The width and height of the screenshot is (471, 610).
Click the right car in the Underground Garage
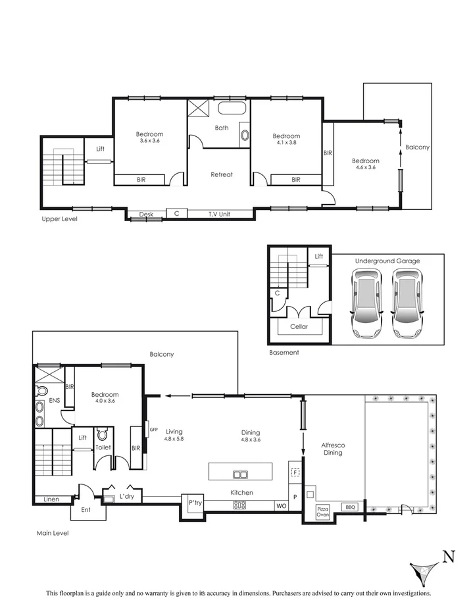pos(407,302)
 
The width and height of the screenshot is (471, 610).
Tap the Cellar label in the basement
pos(299,326)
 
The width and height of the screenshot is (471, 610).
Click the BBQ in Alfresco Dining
pos(349,507)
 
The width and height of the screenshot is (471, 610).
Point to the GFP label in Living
pos(154,429)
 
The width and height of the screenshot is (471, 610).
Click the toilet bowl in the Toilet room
pos(102,434)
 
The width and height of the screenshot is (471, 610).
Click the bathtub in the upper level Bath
pos(232,109)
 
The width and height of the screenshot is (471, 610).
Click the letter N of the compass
pos(448,557)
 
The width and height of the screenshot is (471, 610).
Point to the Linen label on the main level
pos(51,499)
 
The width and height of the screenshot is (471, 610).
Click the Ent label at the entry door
pos(86,509)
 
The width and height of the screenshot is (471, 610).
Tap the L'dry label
pos(126,496)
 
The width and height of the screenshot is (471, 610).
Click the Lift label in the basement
pos(319,256)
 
